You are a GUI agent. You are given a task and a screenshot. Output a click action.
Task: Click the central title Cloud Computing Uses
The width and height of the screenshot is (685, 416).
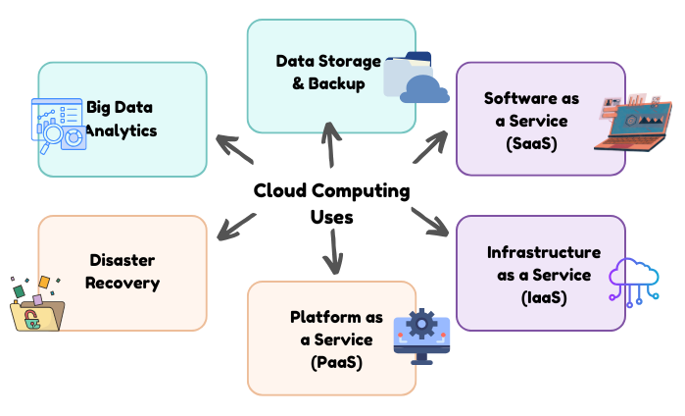[331, 202]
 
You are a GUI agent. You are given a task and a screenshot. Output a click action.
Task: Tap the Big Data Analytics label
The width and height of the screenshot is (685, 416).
[122, 118]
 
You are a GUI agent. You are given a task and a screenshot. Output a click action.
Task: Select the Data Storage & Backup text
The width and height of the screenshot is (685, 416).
[328, 73]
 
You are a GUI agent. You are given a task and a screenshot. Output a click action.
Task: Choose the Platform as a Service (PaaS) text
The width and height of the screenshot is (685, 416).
[330, 338]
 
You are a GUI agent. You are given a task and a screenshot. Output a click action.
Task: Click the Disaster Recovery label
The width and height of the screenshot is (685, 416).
[122, 272]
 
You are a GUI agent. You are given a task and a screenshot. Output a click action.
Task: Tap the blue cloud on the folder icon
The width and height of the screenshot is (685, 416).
[423, 89]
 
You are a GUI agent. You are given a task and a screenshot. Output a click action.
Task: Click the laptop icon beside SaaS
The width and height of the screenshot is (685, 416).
[633, 124]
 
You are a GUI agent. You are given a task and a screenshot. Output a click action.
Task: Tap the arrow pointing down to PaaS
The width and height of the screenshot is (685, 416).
[334, 254]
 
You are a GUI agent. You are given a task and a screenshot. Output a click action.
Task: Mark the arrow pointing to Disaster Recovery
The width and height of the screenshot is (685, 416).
[236, 227]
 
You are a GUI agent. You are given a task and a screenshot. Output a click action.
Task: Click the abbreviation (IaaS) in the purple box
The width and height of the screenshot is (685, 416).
[543, 296]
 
